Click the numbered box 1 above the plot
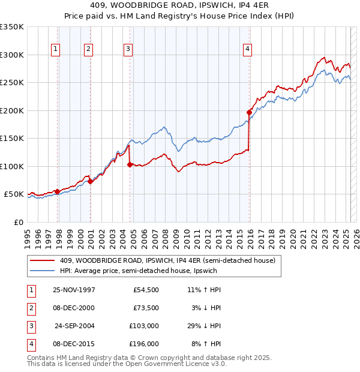tap(56, 49)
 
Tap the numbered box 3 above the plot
tap(128, 49)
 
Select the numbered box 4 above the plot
tap(247, 49)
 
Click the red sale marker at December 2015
tap(249, 112)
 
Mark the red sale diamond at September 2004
tap(130, 164)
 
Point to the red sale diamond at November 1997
tap(58, 191)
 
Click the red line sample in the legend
tap(43, 261)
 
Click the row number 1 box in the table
tap(30, 290)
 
